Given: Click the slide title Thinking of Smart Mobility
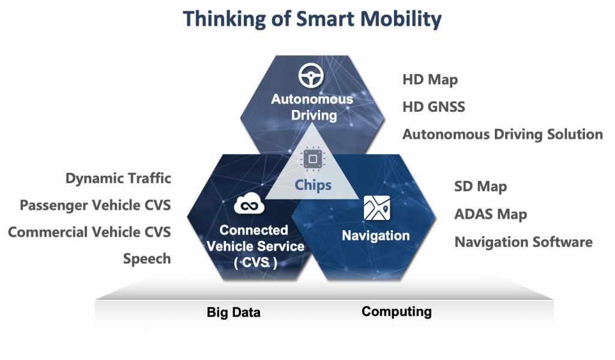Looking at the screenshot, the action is pos(312,19).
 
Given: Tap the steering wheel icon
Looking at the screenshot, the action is pos(311,75).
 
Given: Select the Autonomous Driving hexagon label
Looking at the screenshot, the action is pos(312,107).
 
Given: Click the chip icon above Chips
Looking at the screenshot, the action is pos(312,159).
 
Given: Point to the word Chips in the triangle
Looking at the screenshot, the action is pos(313,185).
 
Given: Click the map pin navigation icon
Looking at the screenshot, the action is pos(377,208).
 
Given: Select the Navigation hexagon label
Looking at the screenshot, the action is pos(376,236).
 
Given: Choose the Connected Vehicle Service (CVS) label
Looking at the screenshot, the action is pos(255,246).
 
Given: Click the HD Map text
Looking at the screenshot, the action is pos(430,80).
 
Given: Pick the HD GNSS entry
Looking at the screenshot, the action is pos(434,107).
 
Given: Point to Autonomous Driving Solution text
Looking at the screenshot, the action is pos(503,134).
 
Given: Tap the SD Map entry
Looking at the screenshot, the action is pos(480,186).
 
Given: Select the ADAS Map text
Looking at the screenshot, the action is pos(491,215).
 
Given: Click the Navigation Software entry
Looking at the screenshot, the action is pos(524,242).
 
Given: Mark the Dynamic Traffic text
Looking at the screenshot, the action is pos(118,178).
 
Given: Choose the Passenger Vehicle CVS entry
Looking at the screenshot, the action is pos(95,206).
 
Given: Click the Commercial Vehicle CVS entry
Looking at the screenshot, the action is pos(89,232).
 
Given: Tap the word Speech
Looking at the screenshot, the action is pos(147,259).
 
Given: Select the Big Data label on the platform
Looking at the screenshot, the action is pos(234,313).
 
